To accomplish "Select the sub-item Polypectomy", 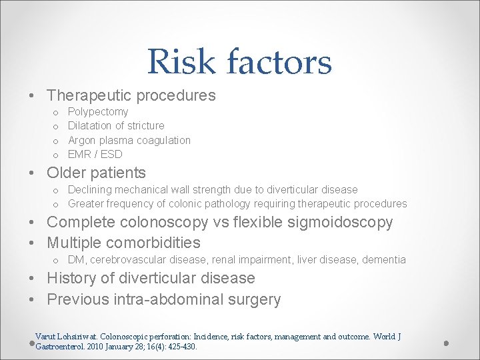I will pyautogui.click(x=98, y=111).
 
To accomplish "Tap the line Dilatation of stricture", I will pyautogui.click(x=116, y=125).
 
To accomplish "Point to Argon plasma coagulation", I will pyautogui.click(x=129, y=140).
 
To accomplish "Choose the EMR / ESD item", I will pyautogui.click(x=95, y=154).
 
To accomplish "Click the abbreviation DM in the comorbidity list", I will pyautogui.click(x=76, y=259).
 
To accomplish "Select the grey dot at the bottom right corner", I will pyautogui.click(x=446, y=343).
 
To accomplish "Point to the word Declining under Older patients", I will pyautogui.click(x=89, y=189).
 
